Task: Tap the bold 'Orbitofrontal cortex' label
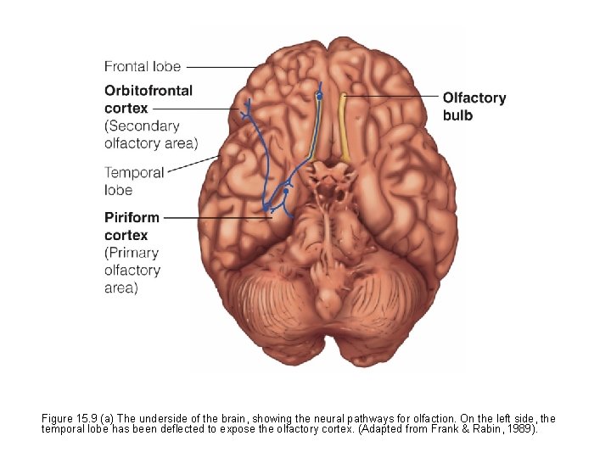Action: coord(149,99)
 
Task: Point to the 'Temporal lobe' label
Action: coord(134,181)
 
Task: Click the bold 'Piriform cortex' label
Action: coord(132,226)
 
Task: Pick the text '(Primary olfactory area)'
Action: coord(132,270)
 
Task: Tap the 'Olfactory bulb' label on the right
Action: coord(474,107)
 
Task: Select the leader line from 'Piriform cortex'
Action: coord(216,217)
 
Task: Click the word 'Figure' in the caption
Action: coord(58,419)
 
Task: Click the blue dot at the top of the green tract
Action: coord(319,98)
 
